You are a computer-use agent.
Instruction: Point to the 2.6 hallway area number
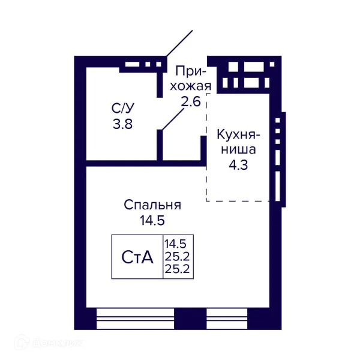[x=190, y=101]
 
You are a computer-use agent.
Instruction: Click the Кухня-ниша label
[x=238, y=141]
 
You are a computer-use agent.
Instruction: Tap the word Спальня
[x=152, y=205]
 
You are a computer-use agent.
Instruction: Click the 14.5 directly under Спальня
[x=152, y=220]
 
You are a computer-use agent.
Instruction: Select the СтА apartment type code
[x=137, y=257]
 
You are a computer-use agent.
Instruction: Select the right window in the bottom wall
[x=227, y=319]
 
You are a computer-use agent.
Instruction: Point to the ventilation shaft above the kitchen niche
[x=242, y=76]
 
